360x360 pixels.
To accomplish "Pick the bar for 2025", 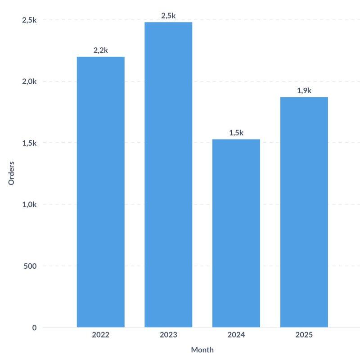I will (x=304, y=212).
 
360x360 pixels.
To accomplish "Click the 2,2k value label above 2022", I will (x=101, y=50).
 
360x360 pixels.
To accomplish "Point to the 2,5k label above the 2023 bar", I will (x=168, y=16).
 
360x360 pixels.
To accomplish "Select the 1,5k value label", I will (x=236, y=133).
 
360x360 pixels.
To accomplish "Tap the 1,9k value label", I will (x=304, y=90).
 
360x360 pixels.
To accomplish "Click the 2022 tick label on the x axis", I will (x=101, y=335).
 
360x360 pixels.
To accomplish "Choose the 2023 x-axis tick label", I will (x=168, y=335).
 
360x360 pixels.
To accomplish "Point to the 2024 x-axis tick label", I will (x=236, y=335).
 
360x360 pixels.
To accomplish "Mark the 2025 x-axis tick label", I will (x=304, y=335).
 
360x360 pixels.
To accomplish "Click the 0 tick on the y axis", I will (x=34, y=328).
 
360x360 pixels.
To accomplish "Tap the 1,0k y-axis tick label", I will (x=29, y=204).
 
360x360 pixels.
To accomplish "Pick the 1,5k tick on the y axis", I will (x=29, y=143).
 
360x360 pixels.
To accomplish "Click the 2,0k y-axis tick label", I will (x=29, y=81).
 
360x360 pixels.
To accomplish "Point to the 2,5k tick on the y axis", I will (x=29, y=20).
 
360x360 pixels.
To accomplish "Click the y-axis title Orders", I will (x=12, y=173).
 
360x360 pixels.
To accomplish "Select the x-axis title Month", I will (x=202, y=350).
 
